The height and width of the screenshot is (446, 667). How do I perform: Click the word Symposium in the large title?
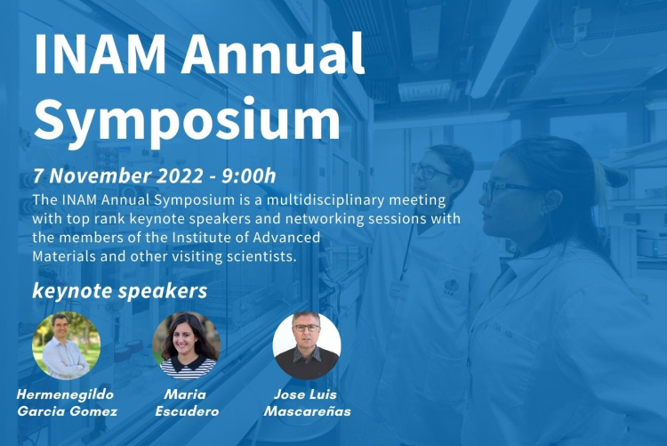(187, 120)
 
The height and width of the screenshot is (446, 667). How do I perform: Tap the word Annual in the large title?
(273, 53)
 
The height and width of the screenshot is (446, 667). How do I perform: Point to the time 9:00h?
(249, 176)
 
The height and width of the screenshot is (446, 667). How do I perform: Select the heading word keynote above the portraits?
(72, 291)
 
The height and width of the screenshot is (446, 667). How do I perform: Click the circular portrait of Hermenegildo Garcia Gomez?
(67, 345)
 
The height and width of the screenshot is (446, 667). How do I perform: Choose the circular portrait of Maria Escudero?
(187, 345)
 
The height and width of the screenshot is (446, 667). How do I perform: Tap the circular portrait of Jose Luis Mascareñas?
(307, 345)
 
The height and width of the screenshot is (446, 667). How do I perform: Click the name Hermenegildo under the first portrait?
(66, 395)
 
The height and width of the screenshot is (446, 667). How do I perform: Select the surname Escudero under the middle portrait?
(187, 411)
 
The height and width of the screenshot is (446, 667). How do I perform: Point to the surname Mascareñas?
(307, 411)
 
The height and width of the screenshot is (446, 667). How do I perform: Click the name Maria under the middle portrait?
(186, 394)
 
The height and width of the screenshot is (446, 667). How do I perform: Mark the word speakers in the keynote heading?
(163, 291)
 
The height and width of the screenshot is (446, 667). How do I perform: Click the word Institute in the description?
(201, 238)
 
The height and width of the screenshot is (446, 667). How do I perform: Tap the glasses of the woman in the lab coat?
(506, 188)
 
